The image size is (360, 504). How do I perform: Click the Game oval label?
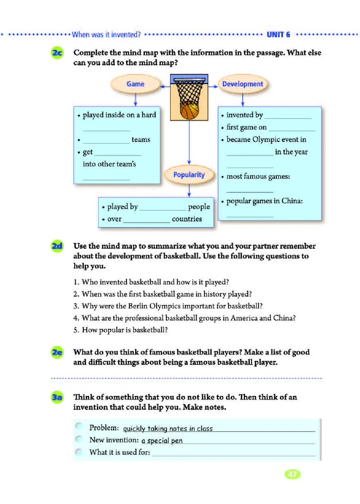coord(135,84)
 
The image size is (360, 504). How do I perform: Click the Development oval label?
coord(243,84)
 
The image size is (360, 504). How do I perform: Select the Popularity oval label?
coord(189,175)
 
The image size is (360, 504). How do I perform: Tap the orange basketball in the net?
coord(189,110)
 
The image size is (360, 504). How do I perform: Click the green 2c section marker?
coord(58,53)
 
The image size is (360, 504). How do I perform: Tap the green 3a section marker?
coord(58,398)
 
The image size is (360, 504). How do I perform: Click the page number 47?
coord(292,474)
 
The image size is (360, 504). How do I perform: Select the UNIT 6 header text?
coord(279,35)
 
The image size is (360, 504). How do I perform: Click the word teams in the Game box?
coord(141,140)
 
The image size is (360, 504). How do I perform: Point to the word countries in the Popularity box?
coord(187,219)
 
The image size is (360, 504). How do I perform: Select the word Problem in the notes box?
coord(103,428)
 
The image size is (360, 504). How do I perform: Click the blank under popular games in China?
coord(250,216)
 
